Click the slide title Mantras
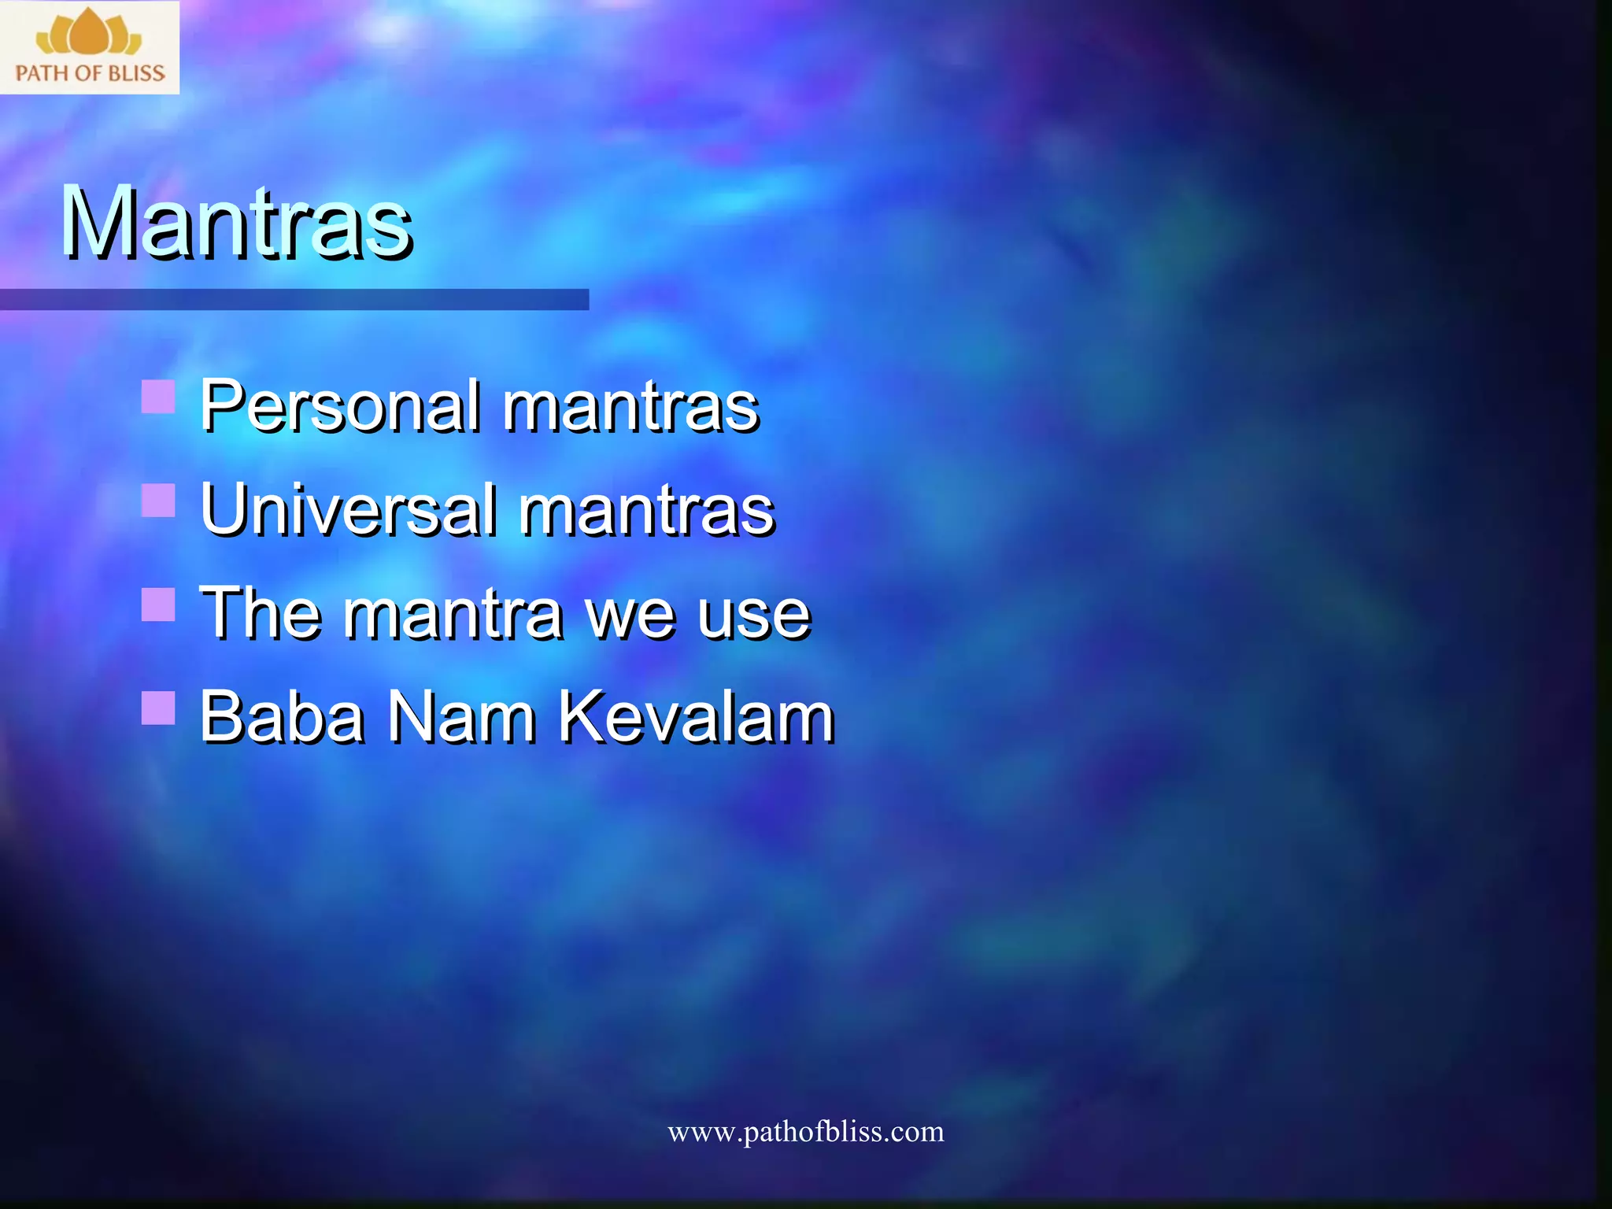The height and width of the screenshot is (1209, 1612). (x=236, y=222)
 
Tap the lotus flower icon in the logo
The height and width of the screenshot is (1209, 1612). (x=89, y=33)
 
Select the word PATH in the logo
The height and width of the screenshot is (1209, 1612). (x=42, y=74)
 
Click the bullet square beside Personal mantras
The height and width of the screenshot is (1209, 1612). (x=158, y=397)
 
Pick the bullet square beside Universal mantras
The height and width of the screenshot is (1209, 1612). (x=158, y=500)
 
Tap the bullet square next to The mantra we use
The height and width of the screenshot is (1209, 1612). (x=158, y=604)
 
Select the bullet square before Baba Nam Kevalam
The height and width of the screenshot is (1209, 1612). (x=158, y=708)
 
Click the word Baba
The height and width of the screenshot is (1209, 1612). (x=281, y=717)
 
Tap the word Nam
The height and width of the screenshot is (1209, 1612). (x=461, y=717)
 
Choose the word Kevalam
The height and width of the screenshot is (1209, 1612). (x=696, y=717)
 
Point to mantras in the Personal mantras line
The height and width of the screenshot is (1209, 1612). (x=630, y=408)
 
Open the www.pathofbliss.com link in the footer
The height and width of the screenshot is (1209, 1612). (x=805, y=1132)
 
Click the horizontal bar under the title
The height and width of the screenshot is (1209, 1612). (x=294, y=299)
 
